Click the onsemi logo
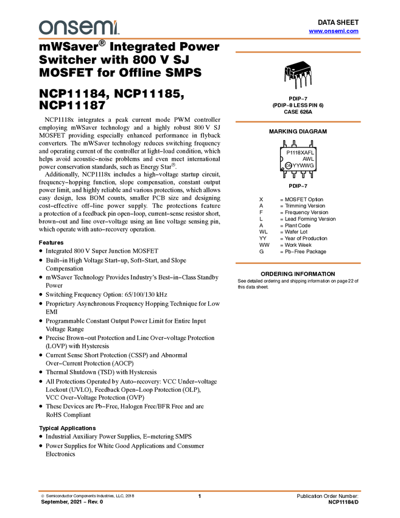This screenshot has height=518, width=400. tap(79, 27)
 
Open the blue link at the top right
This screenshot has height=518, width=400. tap(334, 31)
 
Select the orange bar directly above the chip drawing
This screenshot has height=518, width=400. tap(298, 52)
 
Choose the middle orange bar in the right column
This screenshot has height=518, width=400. tap(298, 122)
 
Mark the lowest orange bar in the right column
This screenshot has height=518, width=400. tap(298, 263)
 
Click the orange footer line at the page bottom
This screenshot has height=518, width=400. tap(200, 491)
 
